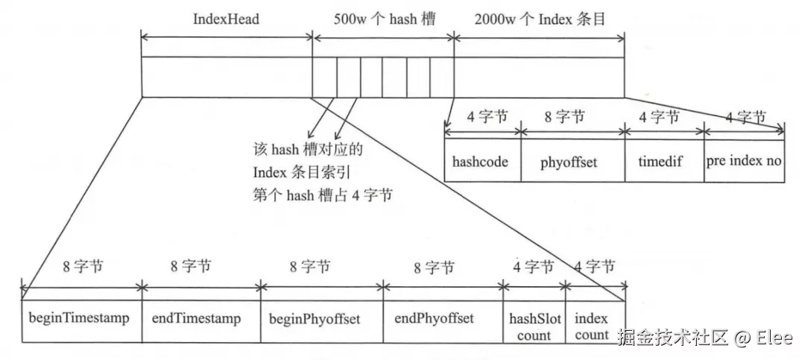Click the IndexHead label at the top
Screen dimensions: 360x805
pyautogui.click(x=226, y=19)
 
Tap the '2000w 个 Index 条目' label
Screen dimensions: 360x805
pyautogui.click(x=539, y=19)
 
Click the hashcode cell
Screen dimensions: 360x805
pyautogui.click(x=481, y=161)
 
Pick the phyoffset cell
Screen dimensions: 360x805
pyautogui.click(x=569, y=161)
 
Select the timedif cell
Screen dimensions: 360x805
pyautogui.click(x=663, y=161)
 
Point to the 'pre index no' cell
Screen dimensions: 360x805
pyautogui.click(x=743, y=161)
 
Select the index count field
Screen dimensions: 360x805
pyautogui.click(x=592, y=326)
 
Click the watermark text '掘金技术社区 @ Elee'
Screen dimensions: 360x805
pyautogui.click(x=704, y=338)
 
